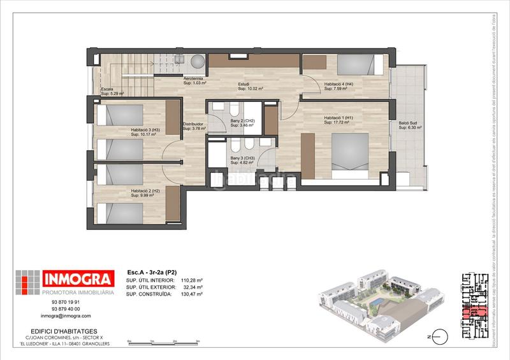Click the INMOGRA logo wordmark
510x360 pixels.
[x=78, y=278]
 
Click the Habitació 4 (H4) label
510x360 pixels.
[x=339, y=84]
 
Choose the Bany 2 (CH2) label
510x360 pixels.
[x=243, y=120]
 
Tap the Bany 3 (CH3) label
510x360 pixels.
[x=243, y=158]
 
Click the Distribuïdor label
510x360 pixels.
[x=193, y=124]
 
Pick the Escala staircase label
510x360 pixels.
[x=107, y=89]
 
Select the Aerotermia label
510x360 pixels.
[x=193, y=78]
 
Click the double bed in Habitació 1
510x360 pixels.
[x=357, y=151]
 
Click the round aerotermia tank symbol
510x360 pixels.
[x=198, y=61]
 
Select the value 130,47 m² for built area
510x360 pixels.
[x=191, y=294]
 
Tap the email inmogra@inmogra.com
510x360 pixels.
[x=66, y=316]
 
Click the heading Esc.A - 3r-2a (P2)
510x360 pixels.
[x=152, y=271]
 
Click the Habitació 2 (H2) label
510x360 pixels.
[x=145, y=191]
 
